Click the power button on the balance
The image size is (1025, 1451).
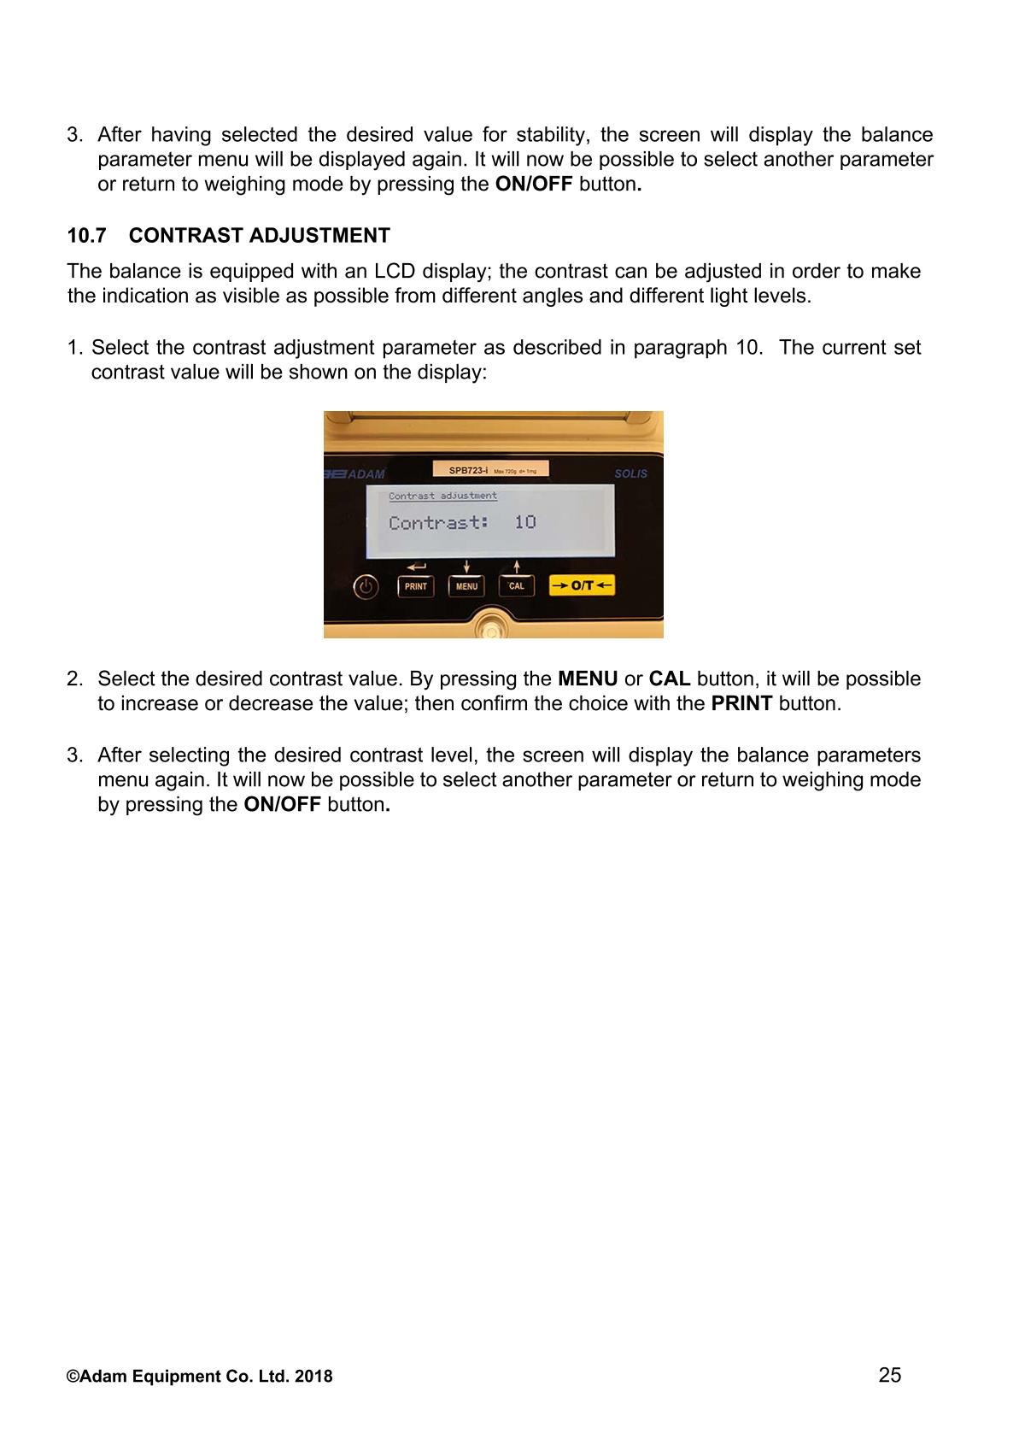(366, 587)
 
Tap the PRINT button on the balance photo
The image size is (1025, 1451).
(416, 586)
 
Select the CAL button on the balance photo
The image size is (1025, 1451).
(517, 586)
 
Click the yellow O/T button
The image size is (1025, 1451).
(582, 585)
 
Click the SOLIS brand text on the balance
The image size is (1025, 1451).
(630, 473)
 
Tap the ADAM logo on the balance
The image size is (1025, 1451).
(355, 474)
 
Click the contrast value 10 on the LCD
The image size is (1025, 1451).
(524, 522)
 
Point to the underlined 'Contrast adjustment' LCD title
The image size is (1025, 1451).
(442, 496)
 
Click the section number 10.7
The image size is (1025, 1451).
(85, 236)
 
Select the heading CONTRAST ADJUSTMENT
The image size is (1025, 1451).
(260, 236)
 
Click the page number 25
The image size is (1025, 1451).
(889, 1374)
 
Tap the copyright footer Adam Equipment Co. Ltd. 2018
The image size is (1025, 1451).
(200, 1377)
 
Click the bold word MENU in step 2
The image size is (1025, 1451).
(588, 679)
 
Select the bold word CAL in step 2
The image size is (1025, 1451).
(670, 679)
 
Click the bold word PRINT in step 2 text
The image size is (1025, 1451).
(741, 704)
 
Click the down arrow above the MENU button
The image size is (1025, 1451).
(466, 567)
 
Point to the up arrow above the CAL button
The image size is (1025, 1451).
(517, 567)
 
